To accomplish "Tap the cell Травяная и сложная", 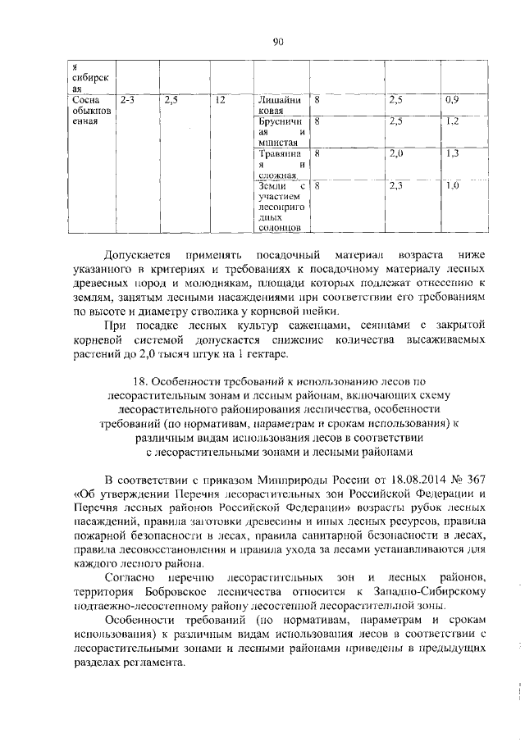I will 281,163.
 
